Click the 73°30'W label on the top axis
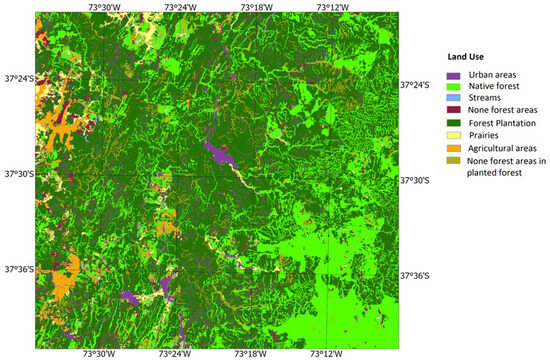click(x=101, y=7)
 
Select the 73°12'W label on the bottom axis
click(x=327, y=353)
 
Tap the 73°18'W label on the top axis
click(x=257, y=7)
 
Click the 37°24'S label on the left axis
click(x=19, y=78)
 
